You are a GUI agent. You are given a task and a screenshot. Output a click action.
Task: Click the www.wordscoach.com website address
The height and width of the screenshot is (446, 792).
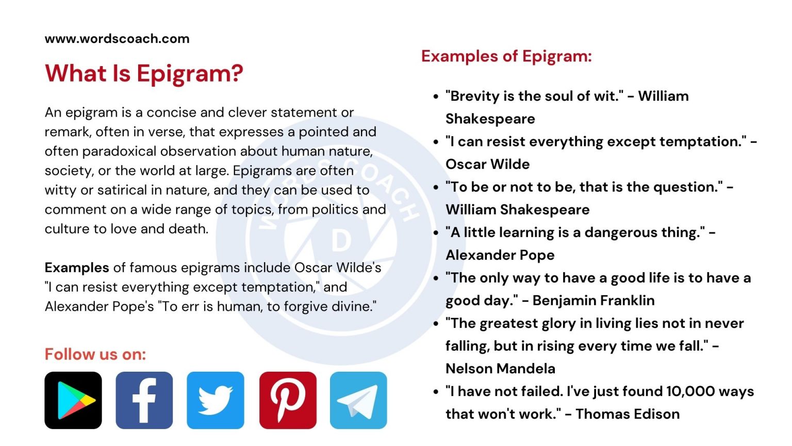click(x=117, y=39)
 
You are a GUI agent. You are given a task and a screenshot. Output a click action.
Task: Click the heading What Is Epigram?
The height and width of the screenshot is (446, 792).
click(x=144, y=74)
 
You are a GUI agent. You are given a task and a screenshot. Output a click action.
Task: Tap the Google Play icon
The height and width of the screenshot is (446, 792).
click(x=73, y=400)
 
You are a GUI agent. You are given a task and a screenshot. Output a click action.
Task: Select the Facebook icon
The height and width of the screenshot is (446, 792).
click(x=144, y=400)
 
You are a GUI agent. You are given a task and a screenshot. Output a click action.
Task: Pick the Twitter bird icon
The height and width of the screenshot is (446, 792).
click(x=216, y=400)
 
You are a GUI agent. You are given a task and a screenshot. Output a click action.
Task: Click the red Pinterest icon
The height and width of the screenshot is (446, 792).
click(x=288, y=400)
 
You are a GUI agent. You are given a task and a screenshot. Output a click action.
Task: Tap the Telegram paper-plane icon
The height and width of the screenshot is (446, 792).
click(x=358, y=400)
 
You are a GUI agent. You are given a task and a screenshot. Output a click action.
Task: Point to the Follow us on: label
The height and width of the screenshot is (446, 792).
click(x=95, y=355)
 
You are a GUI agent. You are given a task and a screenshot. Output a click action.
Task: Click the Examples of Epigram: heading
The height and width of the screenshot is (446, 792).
click(x=506, y=56)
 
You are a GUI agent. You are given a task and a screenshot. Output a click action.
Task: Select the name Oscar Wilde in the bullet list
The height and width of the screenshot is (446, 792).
click(x=487, y=164)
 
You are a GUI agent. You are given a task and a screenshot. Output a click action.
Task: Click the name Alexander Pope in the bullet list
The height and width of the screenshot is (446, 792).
click(x=500, y=255)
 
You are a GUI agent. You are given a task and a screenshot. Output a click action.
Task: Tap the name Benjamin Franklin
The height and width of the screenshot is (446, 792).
click(x=593, y=300)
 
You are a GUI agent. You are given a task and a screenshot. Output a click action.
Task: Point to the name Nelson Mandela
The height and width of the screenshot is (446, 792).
click(x=500, y=369)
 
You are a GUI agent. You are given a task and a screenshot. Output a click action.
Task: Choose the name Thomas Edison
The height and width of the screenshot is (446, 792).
click(x=628, y=414)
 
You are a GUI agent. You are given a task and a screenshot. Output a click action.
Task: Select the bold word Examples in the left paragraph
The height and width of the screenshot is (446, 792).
click(x=77, y=268)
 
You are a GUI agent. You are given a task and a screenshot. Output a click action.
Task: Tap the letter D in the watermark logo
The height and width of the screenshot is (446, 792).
click(x=341, y=241)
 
